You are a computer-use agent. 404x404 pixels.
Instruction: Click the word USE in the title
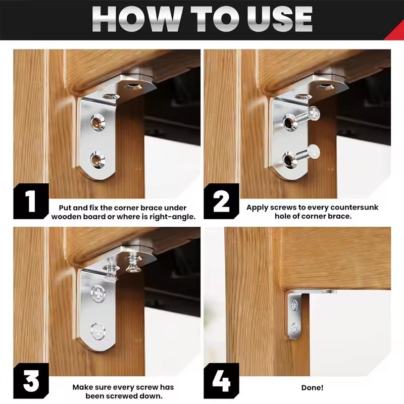[x=280, y=19]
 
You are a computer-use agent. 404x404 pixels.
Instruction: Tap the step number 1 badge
[x=31, y=201]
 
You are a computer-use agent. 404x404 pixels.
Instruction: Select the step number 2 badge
[x=221, y=201]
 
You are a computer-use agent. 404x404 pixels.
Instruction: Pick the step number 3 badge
[x=31, y=381]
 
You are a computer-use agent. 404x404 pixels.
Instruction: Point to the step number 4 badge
[x=221, y=381]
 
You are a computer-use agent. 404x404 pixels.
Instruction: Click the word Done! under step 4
[x=312, y=387]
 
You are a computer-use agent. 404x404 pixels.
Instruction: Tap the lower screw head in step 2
[x=314, y=151]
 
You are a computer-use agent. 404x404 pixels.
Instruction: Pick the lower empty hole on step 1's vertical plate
[x=97, y=160]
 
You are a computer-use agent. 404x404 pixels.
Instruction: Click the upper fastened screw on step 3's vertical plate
[x=98, y=293]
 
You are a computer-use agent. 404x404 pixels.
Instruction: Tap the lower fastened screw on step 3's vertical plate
[x=97, y=330]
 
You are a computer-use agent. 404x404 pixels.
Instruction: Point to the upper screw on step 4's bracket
[x=294, y=306]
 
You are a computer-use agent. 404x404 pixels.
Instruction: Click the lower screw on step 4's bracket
[x=294, y=328]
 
